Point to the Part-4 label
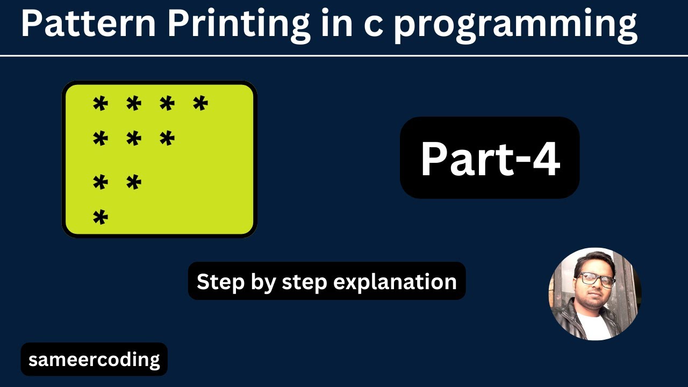tap(490, 159)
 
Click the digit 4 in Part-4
tap(546, 159)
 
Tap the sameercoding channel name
tap(94, 359)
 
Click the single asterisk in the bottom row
tap(101, 218)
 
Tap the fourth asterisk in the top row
tap(200, 103)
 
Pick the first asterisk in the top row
tap(101, 103)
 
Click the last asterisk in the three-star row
tap(167, 139)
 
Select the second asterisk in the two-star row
tap(134, 183)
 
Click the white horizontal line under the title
tap(344, 55)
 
